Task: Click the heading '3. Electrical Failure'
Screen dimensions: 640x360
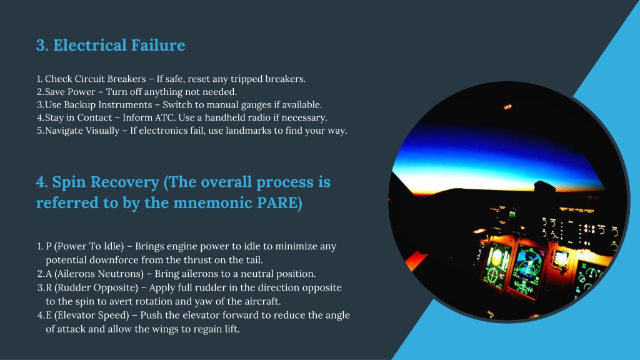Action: [x=111, y=45]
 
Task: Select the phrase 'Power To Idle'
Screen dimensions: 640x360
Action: [x=89, y=246]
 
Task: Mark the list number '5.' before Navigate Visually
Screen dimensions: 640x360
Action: [x=40, y=131]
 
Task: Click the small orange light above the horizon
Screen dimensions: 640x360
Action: [x=507, y=107]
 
